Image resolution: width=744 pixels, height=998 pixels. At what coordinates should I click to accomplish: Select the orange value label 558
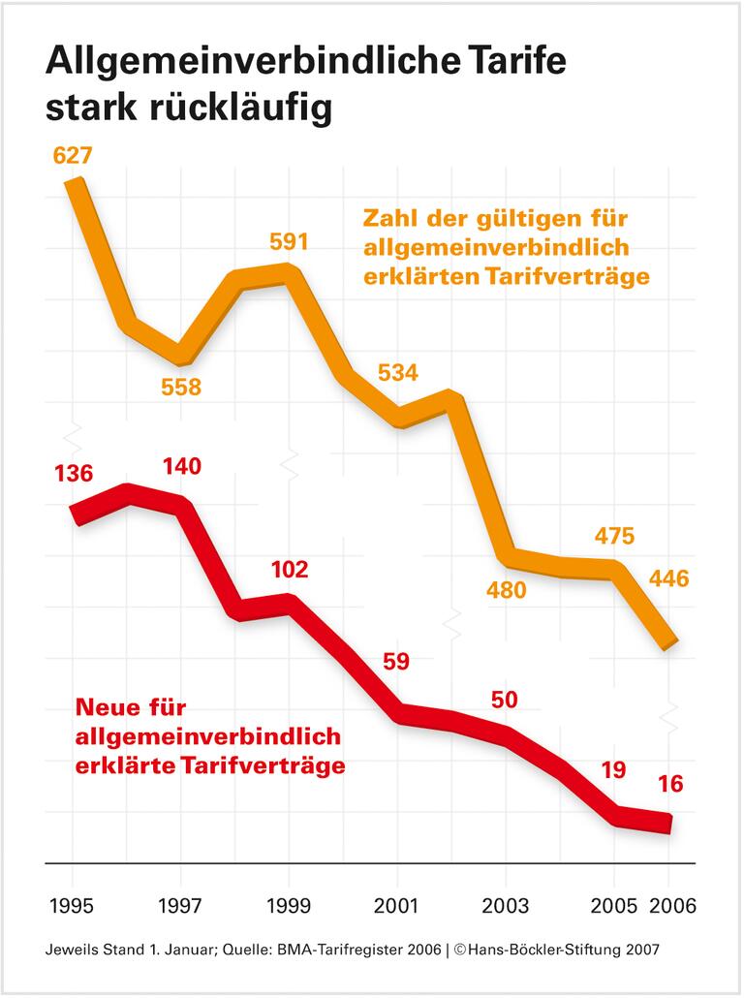click(x=181, y=388)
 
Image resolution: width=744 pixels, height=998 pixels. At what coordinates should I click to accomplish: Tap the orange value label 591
click(x=288, y=241)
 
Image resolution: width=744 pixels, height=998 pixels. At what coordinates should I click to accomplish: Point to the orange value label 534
click(x=396, y=373)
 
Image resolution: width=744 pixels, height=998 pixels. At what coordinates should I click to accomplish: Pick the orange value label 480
click(x=505, y=590)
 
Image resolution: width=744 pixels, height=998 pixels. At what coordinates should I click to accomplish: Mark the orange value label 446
click(x=667, y=579)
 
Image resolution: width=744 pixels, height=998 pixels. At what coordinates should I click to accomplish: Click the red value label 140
click(x=181, y=467)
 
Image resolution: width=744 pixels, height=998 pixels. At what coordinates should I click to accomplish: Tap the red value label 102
click(x=288, y=569)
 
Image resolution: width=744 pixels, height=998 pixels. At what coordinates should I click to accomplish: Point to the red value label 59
click(x=396, y=663)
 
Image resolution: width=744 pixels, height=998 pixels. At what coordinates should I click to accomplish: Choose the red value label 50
click(x=505, y=699)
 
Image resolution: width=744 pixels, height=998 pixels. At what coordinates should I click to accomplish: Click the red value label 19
click(x=612, y=771)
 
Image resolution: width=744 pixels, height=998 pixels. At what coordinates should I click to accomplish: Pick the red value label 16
click(x=668, y=784)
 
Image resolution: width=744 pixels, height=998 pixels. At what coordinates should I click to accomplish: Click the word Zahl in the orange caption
click(x=391, y=216)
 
